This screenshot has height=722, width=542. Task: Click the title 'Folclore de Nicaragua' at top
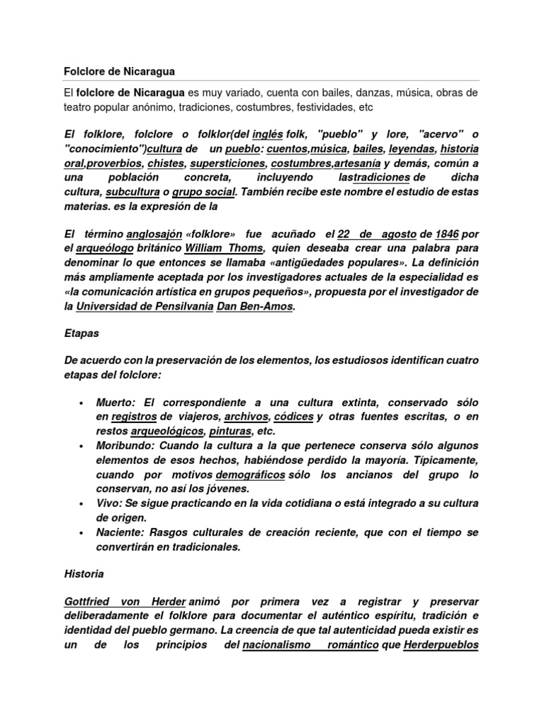click(x=119, y=72)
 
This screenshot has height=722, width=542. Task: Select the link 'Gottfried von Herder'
click(x=125, y=603)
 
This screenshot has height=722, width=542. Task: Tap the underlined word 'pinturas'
click(x=231, y=432)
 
